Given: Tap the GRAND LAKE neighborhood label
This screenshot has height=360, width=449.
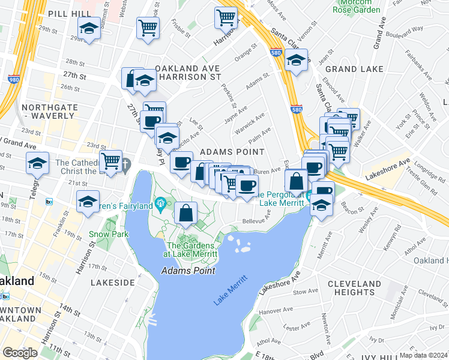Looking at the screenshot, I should pos(354,69).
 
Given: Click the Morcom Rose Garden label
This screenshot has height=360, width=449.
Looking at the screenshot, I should pos(357,7).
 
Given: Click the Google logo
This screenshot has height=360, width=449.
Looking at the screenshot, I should pos(20,352).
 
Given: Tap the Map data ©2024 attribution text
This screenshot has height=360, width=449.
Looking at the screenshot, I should pos(423,355).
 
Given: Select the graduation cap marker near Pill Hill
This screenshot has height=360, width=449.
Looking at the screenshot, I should pos(89,28).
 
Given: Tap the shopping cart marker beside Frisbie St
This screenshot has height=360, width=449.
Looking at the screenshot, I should pos(148,26).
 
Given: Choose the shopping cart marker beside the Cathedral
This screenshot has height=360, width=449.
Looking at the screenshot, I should pos(111,160).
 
